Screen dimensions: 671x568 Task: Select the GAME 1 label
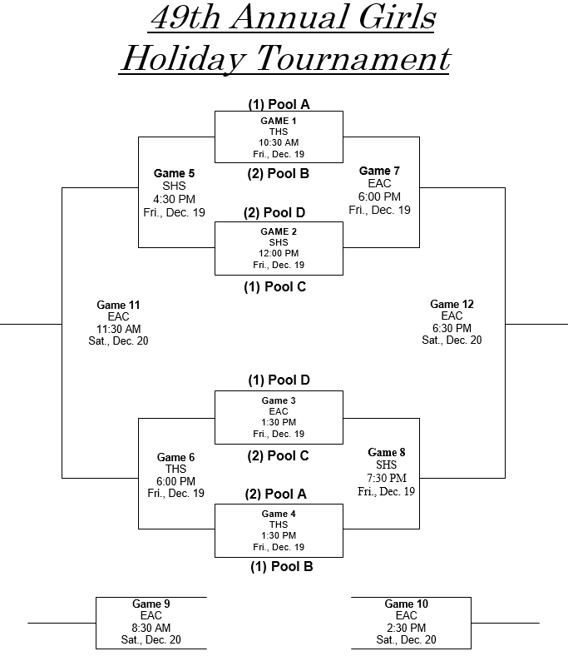click(x=279, y=121)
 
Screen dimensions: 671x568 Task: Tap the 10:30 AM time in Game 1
click(x=279, y=142)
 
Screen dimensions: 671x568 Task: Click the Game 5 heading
click(x=174, y=173)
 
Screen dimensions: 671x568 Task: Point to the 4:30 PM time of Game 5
click(x=174, y=199)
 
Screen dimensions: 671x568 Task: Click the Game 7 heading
click(x=379, y=171)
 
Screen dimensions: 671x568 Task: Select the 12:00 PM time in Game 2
click(x=279, y=253)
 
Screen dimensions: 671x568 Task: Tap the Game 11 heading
click(x=118, y=305)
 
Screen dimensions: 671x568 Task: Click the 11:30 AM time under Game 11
click(x=118, y=329)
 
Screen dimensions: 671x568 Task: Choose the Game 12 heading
click(x=452, y=304)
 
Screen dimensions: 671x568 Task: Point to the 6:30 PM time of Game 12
click(x=452, y=328)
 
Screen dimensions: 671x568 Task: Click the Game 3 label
click(x=279, y=400)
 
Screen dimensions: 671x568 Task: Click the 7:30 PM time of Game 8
click(x=387, y=478)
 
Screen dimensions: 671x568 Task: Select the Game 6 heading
click(x=175, y=457)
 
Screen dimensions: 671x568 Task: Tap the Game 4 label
click(x=279, y=514)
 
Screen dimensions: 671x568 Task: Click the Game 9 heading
click(x=151, y=604)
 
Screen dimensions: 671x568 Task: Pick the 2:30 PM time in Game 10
click(x=406, y=628)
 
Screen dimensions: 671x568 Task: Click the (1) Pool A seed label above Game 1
click(x=279, y=104)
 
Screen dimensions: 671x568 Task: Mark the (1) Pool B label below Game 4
click(x=281, y=567)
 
